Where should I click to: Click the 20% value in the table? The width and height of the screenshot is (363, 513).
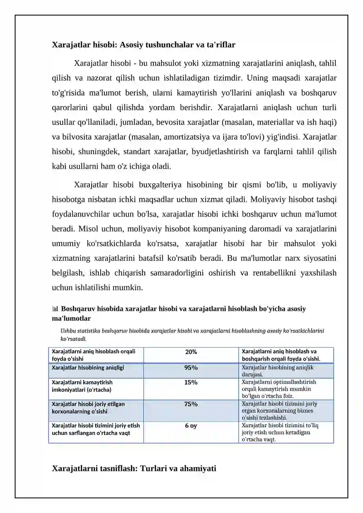pyautogui.click(x=191, y=352)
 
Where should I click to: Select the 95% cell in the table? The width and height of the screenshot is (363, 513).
pyautogui.click(x=191, y=367)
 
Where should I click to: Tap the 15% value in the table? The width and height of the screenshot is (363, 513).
pyautogui.click(x=191, y=382)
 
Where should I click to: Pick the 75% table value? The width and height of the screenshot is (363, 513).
pyautogui.click(x=191, y=404)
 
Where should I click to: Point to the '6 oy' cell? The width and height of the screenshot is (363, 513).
pyautogui.click(x=191, y=426)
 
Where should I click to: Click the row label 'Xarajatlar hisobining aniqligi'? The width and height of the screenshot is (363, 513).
pyautogui.click(x=88, y=367)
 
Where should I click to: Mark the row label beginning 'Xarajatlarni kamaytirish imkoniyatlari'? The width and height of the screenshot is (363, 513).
pyautogui.click(x=82, y=386)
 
